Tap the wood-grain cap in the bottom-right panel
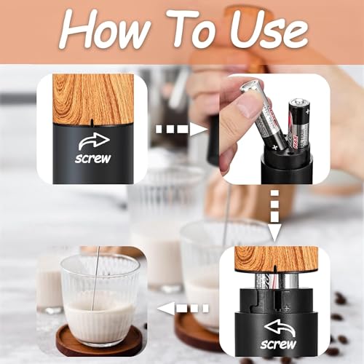(277, 258)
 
